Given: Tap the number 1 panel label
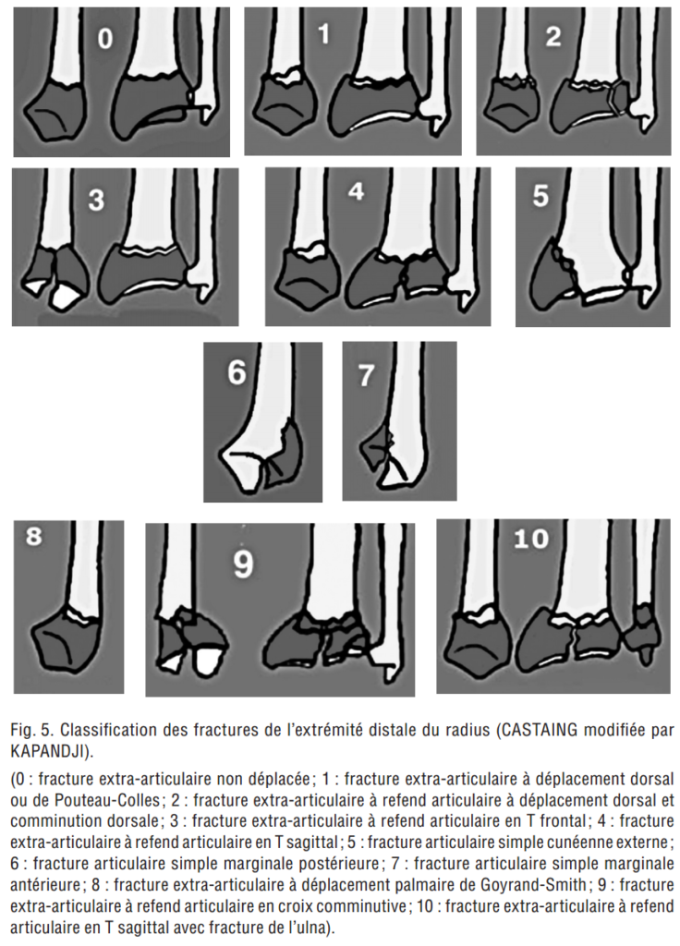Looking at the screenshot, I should click(322, 35).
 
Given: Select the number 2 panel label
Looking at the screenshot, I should click(552, 37).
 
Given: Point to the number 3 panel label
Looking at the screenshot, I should click(96, 200).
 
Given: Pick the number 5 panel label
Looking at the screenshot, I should click(541, 196).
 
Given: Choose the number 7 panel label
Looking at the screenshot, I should click(367, 375).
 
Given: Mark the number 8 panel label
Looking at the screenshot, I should click(34, 539).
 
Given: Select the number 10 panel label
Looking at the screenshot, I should click(531, 539).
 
